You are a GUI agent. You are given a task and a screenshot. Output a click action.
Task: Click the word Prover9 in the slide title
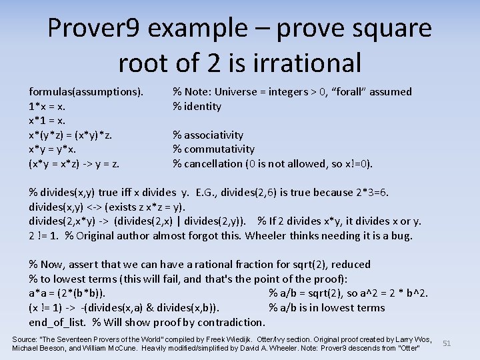[x=93, y=29]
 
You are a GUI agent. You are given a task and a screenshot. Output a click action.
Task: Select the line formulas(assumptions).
[x=86, y=92]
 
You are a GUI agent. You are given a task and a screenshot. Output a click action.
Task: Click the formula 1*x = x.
[x=47, y=106]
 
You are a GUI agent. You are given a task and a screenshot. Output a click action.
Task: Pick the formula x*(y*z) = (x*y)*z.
[x=70, y=135]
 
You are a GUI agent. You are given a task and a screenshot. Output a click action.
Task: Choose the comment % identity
[x=197, y=106]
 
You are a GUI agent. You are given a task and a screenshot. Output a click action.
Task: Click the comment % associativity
[x=208, y=135]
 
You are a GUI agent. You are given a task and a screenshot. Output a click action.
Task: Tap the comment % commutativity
[x=213, y=149]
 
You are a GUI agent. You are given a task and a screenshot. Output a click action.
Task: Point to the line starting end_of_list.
[x=59, y=322]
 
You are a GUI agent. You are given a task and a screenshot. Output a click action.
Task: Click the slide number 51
[x=447, y=343]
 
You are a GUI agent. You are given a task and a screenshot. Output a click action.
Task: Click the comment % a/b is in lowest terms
[x=327, y=308]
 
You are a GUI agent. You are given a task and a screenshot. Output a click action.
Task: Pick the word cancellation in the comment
[x=216, y=164]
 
